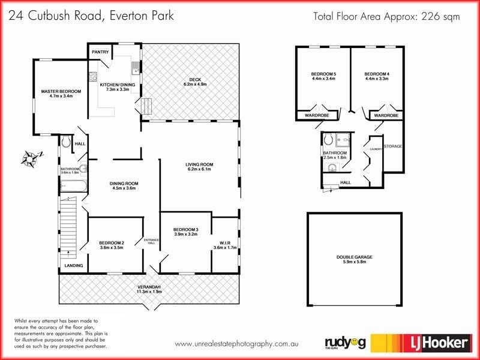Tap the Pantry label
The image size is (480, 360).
click(100, 52)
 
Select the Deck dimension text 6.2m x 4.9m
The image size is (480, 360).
click(195, 85)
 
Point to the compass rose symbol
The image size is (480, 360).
click(29, 158)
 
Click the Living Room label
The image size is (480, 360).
click(199, 164)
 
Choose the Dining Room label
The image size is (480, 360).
click(124, 184)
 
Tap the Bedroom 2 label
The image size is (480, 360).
click(111, 242)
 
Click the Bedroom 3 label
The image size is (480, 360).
click(185, 229)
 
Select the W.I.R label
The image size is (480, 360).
click(225, 242)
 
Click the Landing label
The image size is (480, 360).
click(74, 265)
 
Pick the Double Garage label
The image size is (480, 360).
click(354, 257)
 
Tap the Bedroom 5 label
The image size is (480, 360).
click(323, 74)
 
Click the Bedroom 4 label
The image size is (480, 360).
click(376, 74)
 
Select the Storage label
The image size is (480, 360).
click(393, 146)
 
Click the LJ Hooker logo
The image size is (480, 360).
click(420, 343)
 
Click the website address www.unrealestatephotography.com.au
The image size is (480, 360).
click(236, 344)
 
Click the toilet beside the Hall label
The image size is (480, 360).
click(67, 142)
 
